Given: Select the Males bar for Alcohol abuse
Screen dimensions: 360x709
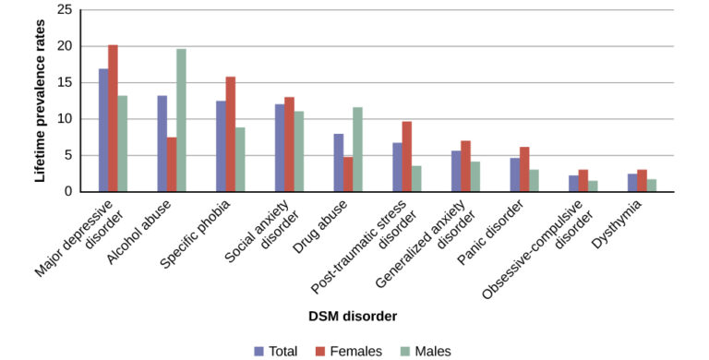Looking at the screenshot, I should [x=181, y=120].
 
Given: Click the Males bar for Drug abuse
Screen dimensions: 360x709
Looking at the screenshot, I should [x=358, y=150].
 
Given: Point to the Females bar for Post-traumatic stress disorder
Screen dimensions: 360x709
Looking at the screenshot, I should [x=407, y=157].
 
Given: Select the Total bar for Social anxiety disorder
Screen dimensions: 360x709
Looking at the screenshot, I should [x=280, y=148].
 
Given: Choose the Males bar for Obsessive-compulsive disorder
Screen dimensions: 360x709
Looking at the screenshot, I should [x=594, y=186].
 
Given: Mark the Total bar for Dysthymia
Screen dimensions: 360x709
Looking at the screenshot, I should [x=632, y=183].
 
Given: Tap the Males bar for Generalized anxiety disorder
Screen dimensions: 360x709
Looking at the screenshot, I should [x=475, y=176].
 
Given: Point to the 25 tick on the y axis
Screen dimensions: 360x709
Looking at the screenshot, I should [x=64, y=10].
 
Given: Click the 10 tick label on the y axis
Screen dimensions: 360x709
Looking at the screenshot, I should [x=64, y=119].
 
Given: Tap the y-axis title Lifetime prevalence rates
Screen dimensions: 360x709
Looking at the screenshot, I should [x=40, y=102].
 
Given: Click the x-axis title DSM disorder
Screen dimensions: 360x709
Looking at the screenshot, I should [x=353, y=317].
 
